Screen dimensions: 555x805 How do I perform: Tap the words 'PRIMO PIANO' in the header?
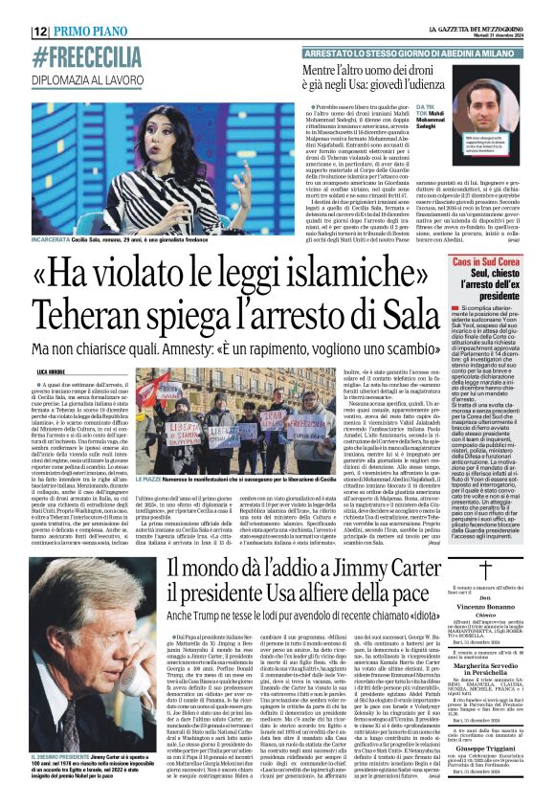click(x=91, y=31)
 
